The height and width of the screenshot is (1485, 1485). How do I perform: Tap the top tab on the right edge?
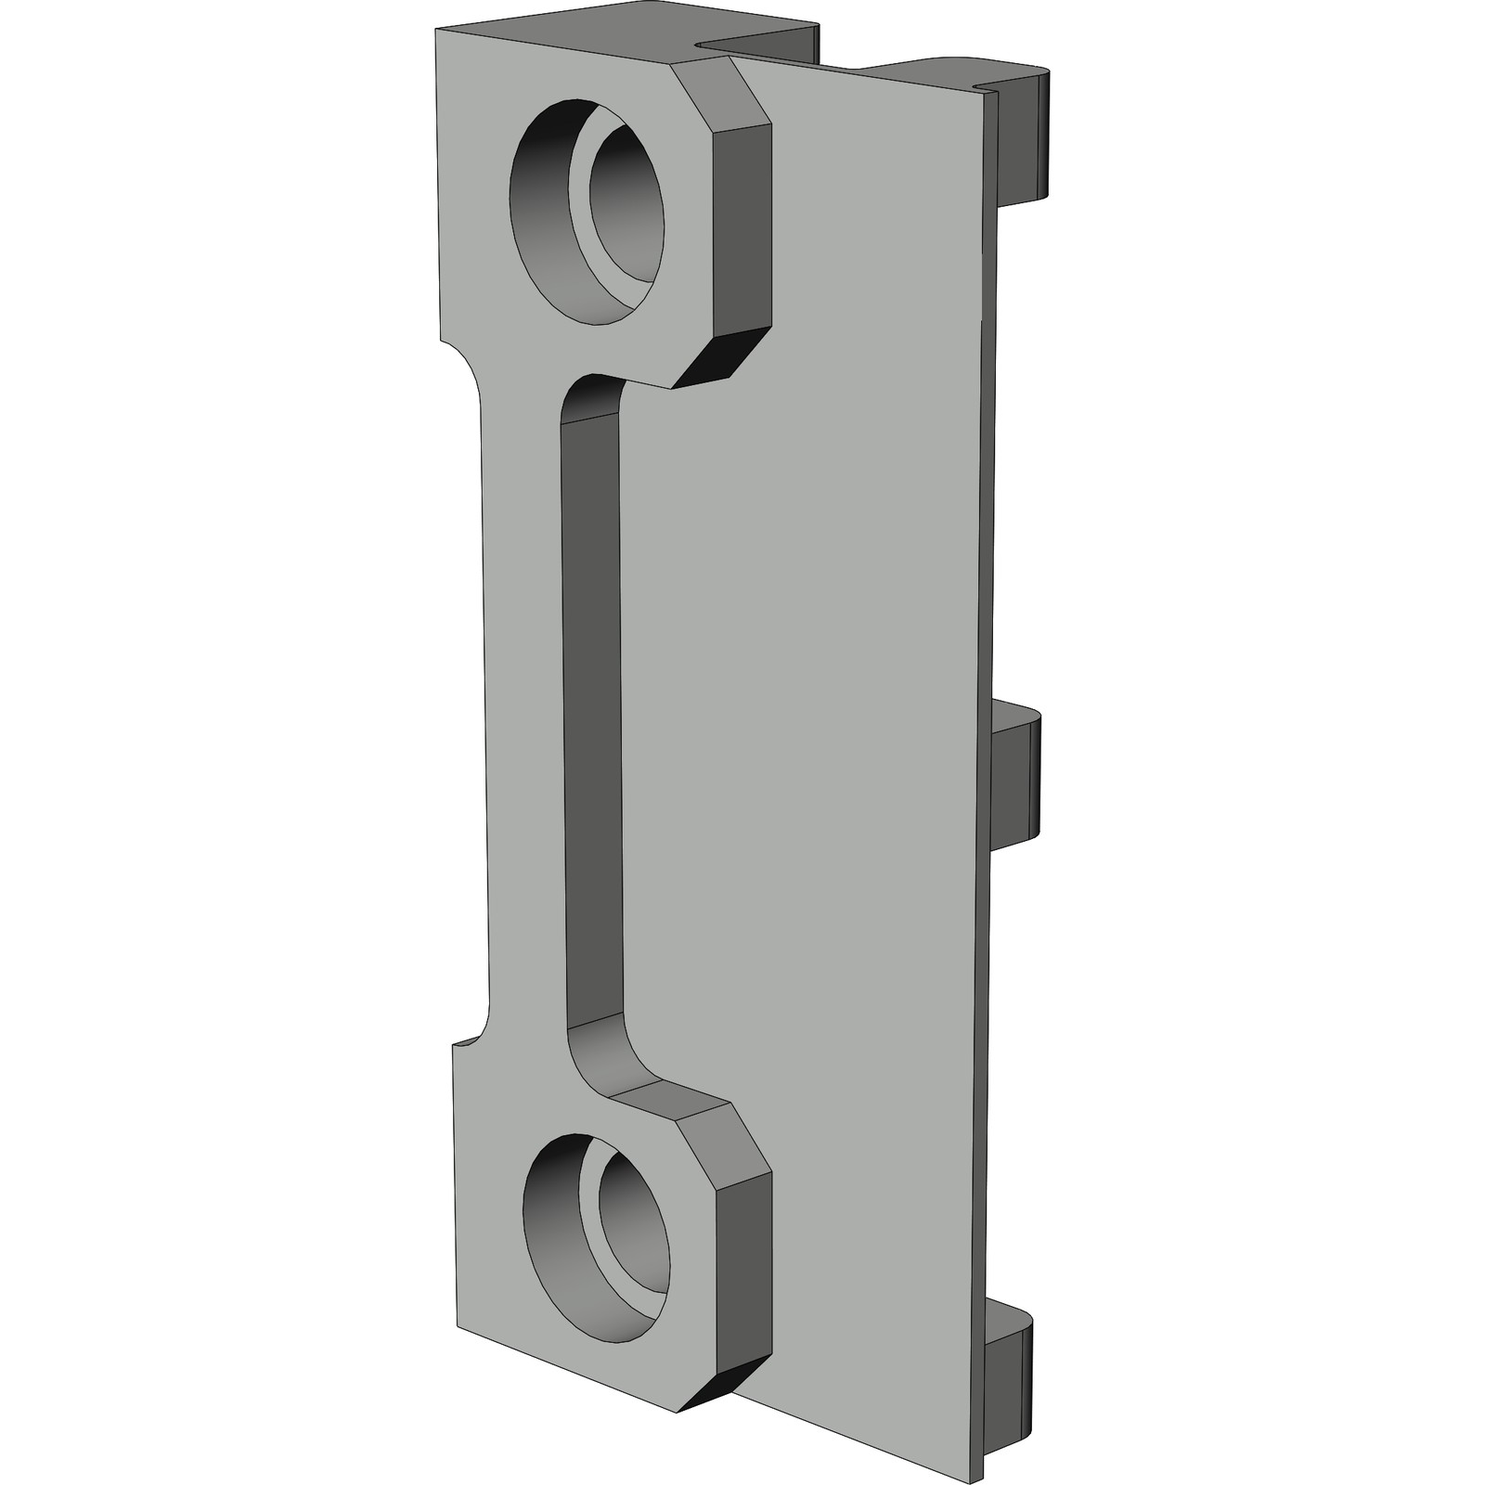(x=1026, y=139)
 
